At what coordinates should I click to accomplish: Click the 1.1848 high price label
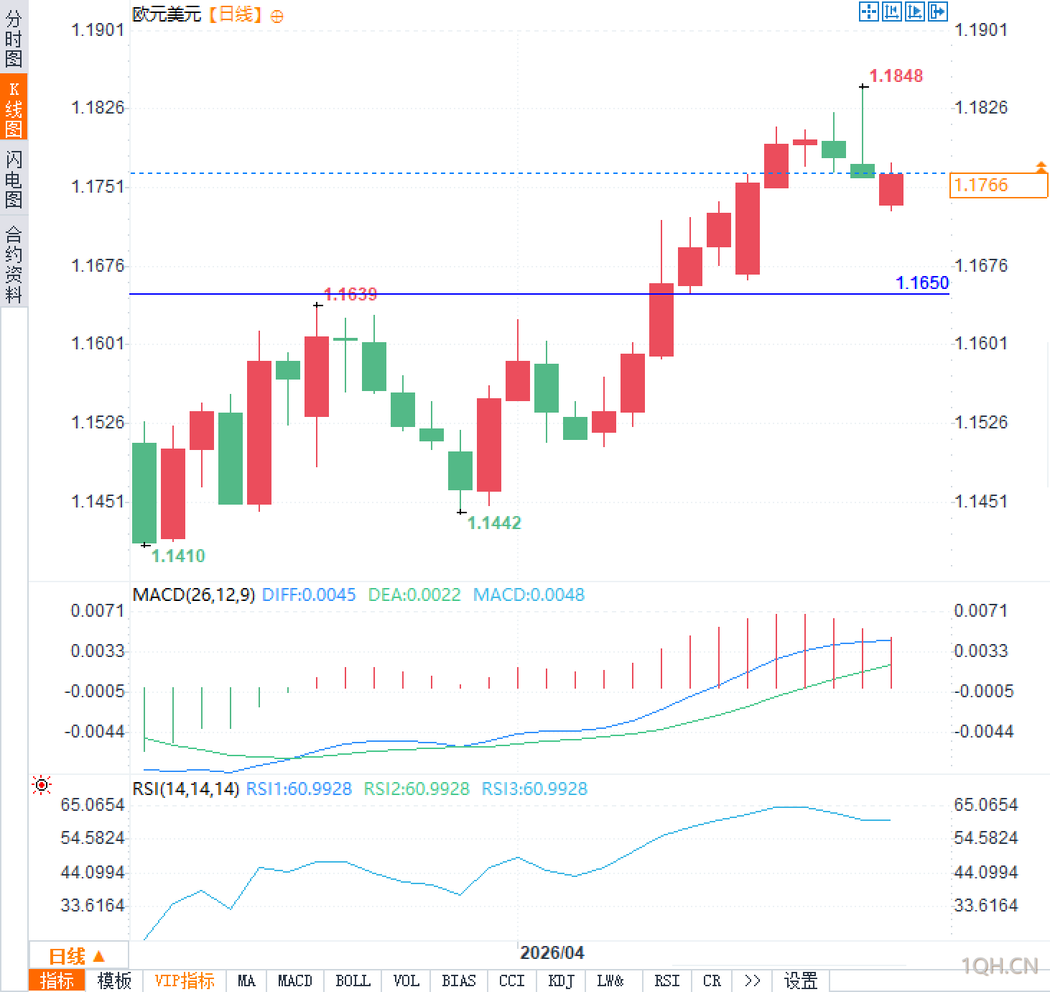[x=896, y=75]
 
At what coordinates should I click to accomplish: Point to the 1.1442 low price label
[x=494, y=523]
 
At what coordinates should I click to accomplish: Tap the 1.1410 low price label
[x=178, y=556]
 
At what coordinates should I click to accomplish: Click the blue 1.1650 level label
[x=922, y=283]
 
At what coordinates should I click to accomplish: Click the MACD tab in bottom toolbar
[x=294, y=980]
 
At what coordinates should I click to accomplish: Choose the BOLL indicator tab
[x=353, y=980]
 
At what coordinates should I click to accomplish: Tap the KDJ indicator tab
[x=560, y=980]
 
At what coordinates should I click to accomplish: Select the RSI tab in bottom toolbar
[x=666, y=980]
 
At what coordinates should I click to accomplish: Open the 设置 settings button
[x=800, y=980]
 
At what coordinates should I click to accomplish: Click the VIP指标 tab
[x=185, y=980]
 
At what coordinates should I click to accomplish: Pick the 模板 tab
[x=114, y=980]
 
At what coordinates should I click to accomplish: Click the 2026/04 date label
[x=552, y=952]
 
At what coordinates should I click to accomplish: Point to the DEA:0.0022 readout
[x=414, y=594]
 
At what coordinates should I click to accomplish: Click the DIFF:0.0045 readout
[x=309, y=594]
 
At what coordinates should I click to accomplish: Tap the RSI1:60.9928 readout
[x=299, y=789]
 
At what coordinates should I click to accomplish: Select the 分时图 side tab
[x=14, y=39]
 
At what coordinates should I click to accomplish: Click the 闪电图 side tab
[x=14, y=179]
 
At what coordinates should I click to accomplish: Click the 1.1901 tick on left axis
[x=97, y=29]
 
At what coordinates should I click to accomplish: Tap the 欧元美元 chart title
[x=167, y=14]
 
